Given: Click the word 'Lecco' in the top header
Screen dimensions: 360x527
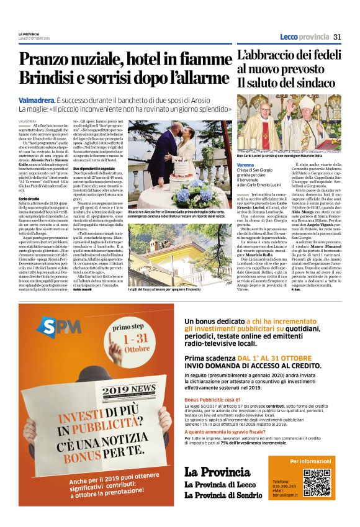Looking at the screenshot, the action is (x=289, y=37).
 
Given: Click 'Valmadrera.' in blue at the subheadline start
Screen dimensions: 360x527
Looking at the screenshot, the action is (x=36, y=99).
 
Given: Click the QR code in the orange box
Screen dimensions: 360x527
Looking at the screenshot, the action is (x=317, y=483).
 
